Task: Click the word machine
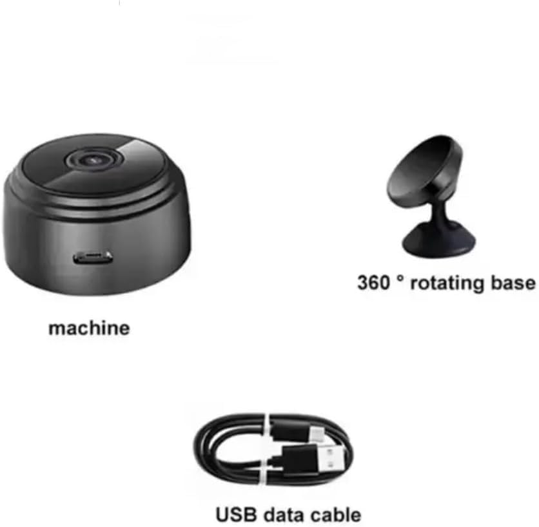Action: tap(89, 328)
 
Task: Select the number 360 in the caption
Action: tap(374, 283)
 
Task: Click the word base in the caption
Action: tap(514, 283)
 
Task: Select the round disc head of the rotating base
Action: tap(426, 171)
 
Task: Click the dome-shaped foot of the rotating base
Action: tap(438, 238)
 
